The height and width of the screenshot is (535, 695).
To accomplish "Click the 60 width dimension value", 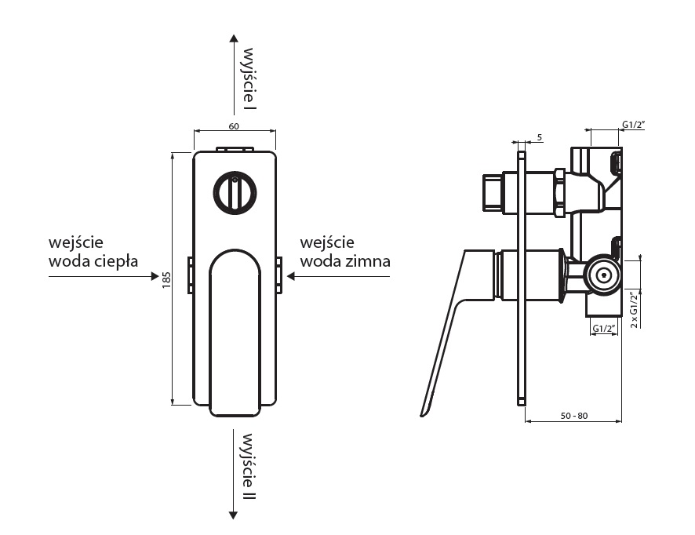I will [234, 126].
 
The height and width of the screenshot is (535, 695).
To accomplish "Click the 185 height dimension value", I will [166, 279].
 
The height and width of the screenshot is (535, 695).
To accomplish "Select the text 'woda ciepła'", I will [93, 260].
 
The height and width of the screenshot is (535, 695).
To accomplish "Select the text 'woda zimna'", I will [345, 260].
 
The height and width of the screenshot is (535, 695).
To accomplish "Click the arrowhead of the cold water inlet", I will [290, 276].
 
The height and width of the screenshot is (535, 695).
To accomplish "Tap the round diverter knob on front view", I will [233, 192].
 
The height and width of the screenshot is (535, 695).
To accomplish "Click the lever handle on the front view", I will [235, 329].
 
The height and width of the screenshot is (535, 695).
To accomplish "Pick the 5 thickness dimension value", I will [540, 138].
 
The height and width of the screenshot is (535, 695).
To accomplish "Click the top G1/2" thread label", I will [633, 124].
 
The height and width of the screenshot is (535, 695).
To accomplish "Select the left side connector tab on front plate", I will [190, 275].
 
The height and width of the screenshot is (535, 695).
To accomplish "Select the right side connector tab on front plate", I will [278, 275].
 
